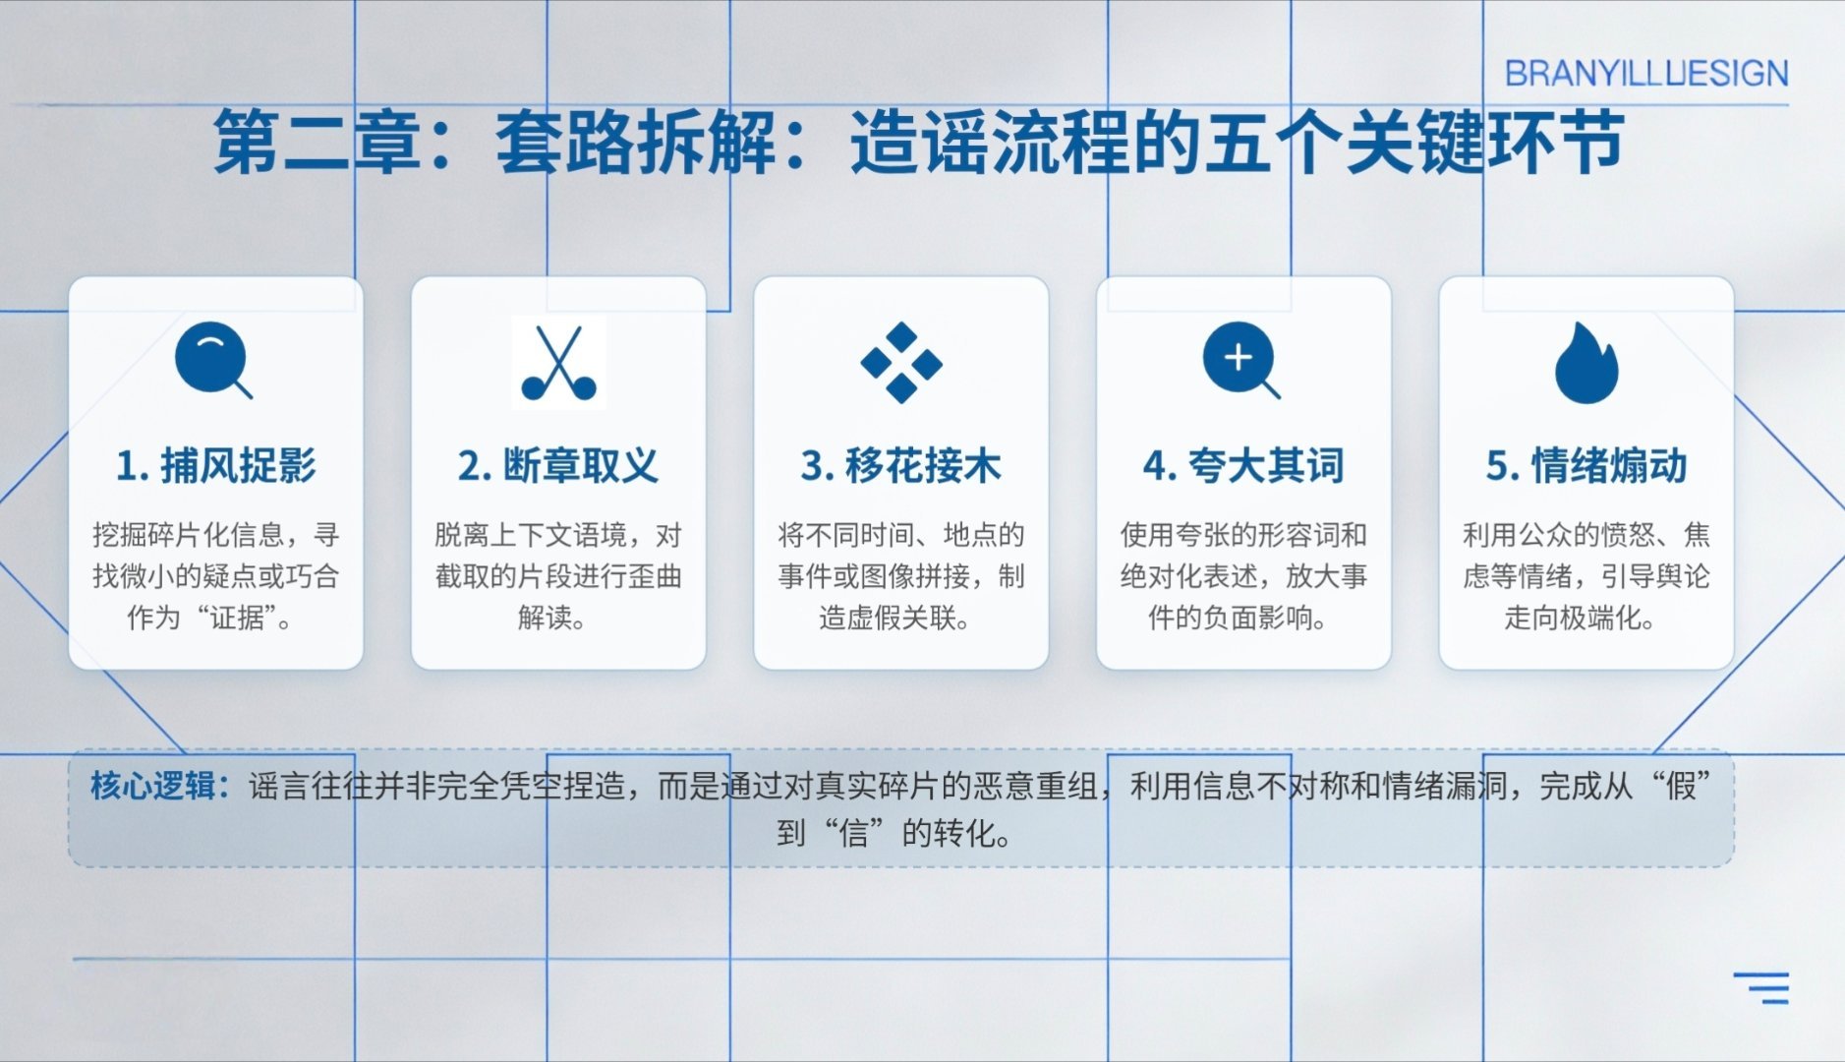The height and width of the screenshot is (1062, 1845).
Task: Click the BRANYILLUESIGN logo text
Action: click(x=1646, y=74)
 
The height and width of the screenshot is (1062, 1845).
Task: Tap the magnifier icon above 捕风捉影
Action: click(x=213, y=360)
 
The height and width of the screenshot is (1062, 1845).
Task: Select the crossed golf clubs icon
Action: click(x=558, y=363)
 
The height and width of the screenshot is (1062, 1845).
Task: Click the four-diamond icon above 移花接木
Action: click(x=901, y=363)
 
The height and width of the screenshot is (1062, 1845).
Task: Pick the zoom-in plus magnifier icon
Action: click(x=1241, y=360)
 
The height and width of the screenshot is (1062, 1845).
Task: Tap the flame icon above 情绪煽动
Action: click(x=1586, y=363)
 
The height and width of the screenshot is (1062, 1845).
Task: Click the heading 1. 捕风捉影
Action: click(x=216, y=466)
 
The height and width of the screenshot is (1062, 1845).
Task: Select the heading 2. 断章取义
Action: click(x=558, y=466)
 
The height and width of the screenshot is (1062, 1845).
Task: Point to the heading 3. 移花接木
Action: click(x=901, y=466)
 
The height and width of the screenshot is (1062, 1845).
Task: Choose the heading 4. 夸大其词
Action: click(x=1243, y=466)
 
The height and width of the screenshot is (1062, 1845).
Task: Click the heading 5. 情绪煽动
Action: click(x=1586, y=466)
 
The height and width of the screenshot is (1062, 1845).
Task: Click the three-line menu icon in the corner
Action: click(x=1761, y=988)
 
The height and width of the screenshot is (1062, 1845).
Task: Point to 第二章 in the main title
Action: click(x=317, y=143)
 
